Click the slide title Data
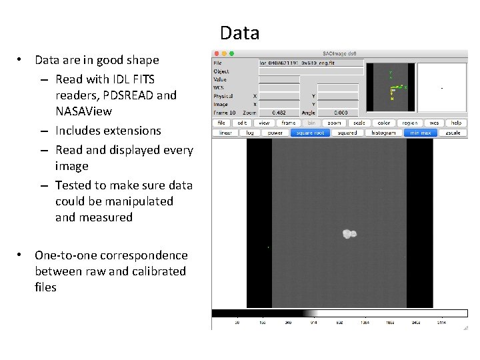(x=239, y=33)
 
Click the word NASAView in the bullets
(x=83, y=111)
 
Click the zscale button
(x=453, y=133)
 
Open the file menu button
(x=220, y=123)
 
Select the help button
(x=456, y=123)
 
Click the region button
(x=409, y=123)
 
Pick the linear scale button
(x=225, y=133)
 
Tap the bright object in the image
(x=349, y=233)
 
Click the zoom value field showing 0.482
(x=279, y=113)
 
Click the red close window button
(x=216, y=53)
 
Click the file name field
(x=311, y=63)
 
